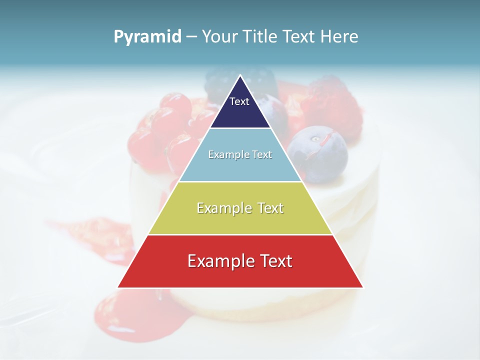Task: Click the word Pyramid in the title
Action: click(147, 37)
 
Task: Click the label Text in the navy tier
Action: click(239, 101)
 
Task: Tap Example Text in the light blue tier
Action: click(240, 154)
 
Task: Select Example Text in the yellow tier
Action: click(240, 208)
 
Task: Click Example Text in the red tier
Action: click(240, 261)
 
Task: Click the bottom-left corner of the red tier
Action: click(118, 287)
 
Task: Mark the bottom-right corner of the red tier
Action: click(363, 287)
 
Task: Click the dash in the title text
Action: click(191, 37)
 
